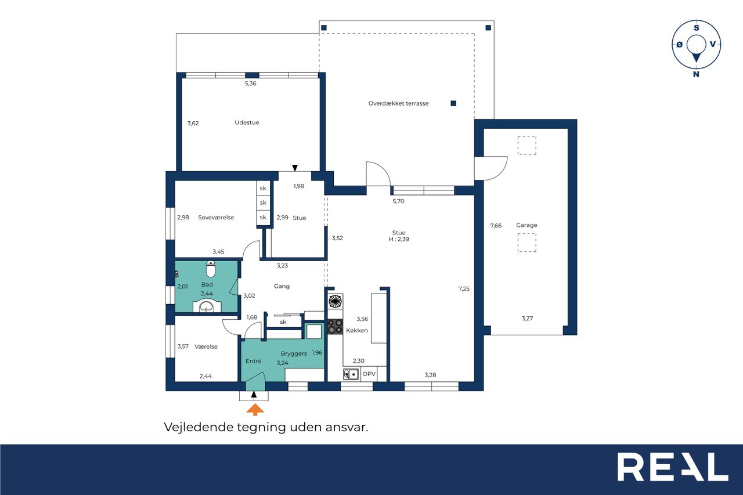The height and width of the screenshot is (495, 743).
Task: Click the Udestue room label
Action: click(247, 122)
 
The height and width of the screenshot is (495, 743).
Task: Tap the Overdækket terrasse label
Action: click(398, 103)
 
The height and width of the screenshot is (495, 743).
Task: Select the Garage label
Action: click(526, 225)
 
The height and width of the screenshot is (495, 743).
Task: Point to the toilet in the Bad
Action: click(211, 269)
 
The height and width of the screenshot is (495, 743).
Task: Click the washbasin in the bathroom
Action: click(207, 306)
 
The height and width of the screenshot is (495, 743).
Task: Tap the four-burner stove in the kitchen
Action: click(335, 326)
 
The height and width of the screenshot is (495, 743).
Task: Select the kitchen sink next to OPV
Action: click(351, 374)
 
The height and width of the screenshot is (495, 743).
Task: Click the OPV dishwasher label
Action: click(369, 374)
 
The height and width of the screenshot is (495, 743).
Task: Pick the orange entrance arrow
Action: click(255, 410)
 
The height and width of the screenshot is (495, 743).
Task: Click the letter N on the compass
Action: click(696, 74)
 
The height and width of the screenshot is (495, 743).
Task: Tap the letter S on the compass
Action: click(696, 28)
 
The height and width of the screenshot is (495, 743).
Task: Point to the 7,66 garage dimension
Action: click(496, 226)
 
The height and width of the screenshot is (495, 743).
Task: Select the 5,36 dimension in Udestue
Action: click(250, 84)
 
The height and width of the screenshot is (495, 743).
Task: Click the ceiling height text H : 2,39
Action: click(399, 239)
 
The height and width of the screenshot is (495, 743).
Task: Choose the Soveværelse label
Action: click(216, 218)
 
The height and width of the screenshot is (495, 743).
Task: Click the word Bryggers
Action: click(294, 354)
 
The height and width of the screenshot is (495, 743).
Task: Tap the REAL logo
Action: click(673, 467)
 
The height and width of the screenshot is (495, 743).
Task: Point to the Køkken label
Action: click(357, 330)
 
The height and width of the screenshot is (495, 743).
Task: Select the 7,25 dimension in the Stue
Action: click(464, 289)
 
